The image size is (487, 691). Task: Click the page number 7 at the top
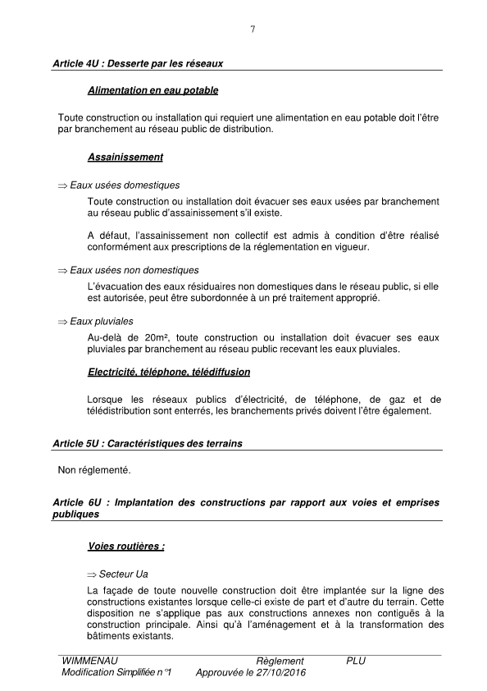(x=253, y=30)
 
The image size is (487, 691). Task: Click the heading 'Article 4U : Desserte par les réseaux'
(x=137, y=63)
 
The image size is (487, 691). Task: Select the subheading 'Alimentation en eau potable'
(x=152, y=89)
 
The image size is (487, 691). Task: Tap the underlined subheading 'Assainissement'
(x=125, y=157)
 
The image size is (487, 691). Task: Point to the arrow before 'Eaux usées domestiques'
(x=62, y=185)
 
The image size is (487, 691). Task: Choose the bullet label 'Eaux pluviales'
(x=102, y=321)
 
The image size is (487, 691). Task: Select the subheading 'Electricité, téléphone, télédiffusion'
(x=169, y=372)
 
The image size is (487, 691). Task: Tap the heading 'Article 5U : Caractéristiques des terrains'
(x=147, y=443)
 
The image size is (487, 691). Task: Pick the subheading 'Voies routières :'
(x=126, y=546)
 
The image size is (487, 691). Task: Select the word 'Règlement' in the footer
(x=280, y=661)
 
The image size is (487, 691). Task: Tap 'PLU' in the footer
(x=356, y=661)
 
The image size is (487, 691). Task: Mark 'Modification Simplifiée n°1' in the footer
(x=121, y=672)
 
